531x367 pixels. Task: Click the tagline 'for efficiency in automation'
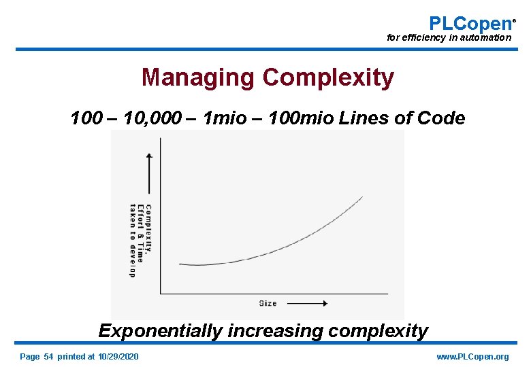(449, 38)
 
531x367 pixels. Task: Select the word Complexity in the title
(328, 77)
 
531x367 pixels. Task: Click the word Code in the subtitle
(442, 118)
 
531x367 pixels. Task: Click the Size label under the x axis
(268, 303)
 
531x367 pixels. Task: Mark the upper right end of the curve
(362, 197)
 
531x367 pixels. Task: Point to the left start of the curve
(180, 264)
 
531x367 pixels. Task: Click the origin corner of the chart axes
(160, 294)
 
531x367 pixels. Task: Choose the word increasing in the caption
(270, 332)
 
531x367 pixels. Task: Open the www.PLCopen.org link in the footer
(472, 357)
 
